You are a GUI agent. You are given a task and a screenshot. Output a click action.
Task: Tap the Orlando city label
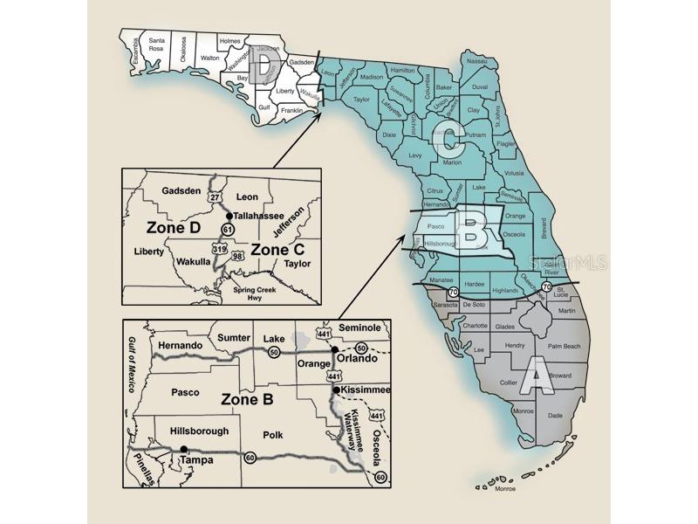358,358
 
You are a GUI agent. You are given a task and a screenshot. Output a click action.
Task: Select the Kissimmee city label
366,390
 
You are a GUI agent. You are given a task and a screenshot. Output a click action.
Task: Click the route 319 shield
219,249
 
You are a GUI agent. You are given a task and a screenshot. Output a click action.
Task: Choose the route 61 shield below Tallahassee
229,229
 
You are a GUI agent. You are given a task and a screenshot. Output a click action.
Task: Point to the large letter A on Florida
539,378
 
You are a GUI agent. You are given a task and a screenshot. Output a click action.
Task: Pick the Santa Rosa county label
157,45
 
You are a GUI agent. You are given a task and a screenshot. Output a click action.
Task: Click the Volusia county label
515,172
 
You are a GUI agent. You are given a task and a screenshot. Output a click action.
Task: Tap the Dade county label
555,417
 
